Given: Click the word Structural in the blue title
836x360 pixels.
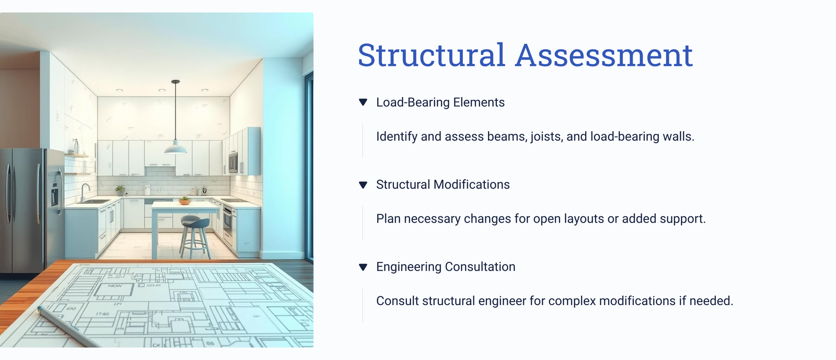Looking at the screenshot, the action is point(432,55).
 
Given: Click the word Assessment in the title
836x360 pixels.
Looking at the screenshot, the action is point(604,55).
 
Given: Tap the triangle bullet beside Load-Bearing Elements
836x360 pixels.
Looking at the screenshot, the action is point(363,102).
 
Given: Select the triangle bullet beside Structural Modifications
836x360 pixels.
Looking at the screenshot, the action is point(363,184).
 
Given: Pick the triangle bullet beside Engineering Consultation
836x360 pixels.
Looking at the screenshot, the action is point(363,267).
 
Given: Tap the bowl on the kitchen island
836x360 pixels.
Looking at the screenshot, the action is point(185,202).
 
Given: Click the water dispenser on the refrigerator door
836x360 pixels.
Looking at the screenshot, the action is point(55,194).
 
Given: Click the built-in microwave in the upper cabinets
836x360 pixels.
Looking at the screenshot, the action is point(233,162).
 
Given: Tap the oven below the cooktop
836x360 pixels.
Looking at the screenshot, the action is point(227,222).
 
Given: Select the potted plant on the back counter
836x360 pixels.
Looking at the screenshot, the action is point(120,190).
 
